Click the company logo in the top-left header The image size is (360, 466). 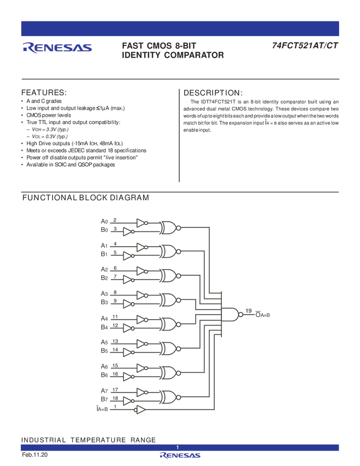(x=57, y=48)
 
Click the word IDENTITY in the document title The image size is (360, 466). (x=145, y=55)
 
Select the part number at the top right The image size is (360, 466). (x=304, y=46)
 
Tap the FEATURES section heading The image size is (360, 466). (x=44, y=92)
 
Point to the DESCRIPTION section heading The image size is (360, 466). (x=212, y=92)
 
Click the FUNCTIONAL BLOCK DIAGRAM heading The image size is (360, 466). (x=85, y=196)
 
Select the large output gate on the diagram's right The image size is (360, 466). (x=234, y=314)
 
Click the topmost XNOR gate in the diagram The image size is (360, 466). (x=168, y=227)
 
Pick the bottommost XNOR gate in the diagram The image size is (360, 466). (x=168, y=396)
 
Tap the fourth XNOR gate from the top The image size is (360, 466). (x=168, y=299)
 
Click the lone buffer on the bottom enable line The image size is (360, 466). (x=140, y=410)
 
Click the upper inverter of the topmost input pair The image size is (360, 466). (x=141, y=223)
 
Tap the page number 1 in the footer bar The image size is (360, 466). (x=178, y=447)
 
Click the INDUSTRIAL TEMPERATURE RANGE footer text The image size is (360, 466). (x=88, y=440)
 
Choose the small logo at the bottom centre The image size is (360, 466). (x=180, y=456)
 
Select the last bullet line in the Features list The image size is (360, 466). (x=71, y=165)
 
